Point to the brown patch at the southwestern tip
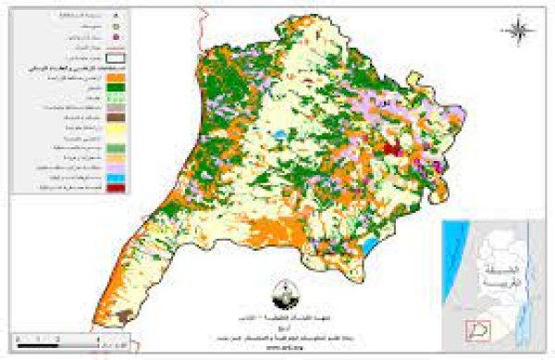point(120,317)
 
